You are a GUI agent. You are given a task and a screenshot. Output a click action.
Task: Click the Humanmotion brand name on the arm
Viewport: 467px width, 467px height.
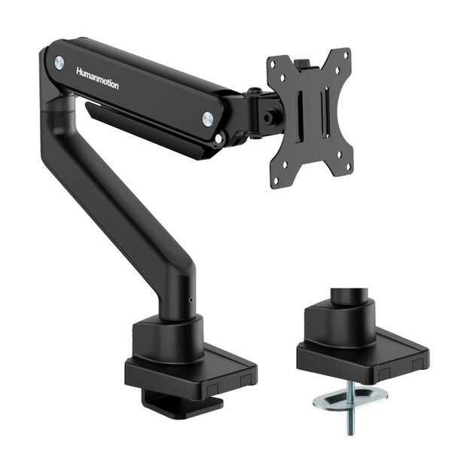(97, 78)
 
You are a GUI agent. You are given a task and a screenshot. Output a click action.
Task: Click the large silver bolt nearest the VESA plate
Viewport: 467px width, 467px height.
(207, 118)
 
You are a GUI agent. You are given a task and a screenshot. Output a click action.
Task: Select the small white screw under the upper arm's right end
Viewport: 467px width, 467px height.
(218, 139)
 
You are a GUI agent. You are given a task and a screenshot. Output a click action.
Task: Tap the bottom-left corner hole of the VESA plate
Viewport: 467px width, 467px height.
(276, 179)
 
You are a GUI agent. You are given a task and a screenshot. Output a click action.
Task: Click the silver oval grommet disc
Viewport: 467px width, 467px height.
(350, 395)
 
